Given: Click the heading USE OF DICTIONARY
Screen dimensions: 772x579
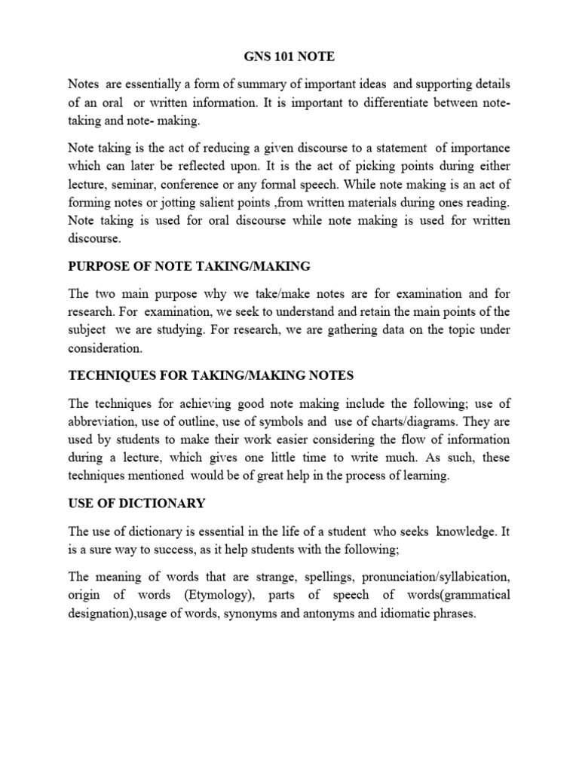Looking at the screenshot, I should coord(136,503).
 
